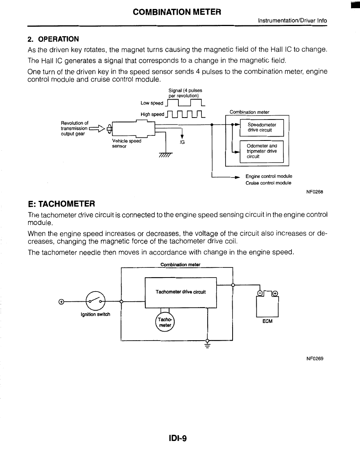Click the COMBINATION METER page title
(x=177, y=12)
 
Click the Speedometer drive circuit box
(x=261, y=128)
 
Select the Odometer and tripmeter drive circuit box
(x=261, y=151)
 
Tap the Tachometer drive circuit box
(x=180, y=292)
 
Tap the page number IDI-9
(x=178, y=439)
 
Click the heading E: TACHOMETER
(x=62, y=204)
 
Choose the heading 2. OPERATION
(x=53, y=39)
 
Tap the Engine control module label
(x=269, y=176)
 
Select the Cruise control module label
(x=268, y=183)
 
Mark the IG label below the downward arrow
(x=182, y=142)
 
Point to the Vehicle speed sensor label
(x=126, y=144)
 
